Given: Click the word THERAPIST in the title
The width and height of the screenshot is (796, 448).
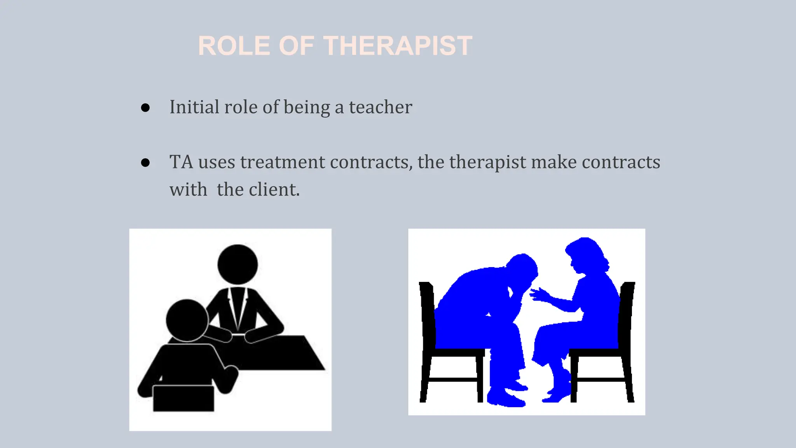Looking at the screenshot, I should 398,46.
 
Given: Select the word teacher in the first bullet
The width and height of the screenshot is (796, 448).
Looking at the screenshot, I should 380,107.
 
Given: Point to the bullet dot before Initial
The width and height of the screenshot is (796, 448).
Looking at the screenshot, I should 145,108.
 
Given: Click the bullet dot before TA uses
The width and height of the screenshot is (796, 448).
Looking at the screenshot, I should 145,163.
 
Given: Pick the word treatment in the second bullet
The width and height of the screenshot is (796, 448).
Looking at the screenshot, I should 282,162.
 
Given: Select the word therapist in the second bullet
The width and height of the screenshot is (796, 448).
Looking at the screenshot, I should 487,162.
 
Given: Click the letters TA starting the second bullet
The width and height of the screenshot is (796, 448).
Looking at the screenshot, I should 181,162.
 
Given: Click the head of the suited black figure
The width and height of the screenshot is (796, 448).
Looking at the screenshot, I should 237,264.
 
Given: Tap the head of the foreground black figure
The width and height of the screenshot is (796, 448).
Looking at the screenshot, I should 187,320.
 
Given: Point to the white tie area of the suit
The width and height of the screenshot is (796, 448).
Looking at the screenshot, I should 237,307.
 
